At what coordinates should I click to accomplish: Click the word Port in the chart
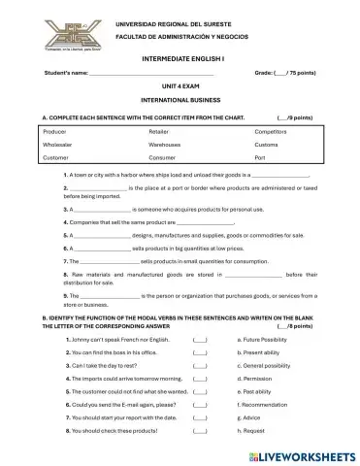(x=259, y=156)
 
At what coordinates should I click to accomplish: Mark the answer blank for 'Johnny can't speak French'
(x=199, y=340)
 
